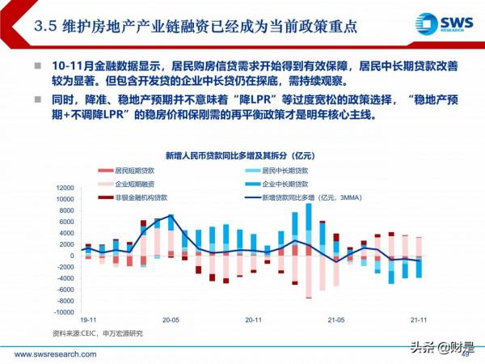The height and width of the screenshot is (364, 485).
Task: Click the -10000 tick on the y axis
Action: tap(62, 311)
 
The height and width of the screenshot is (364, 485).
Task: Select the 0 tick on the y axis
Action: tap(70, 256)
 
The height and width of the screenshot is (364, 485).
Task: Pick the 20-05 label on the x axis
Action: tap(170, 320)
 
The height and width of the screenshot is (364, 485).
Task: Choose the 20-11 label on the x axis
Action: tap(253, 320)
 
